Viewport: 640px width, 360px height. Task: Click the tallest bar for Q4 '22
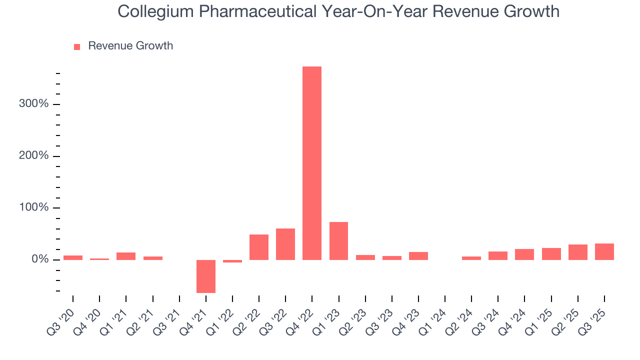tap(312, 163)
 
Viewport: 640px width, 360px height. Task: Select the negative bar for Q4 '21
tap(205, 276)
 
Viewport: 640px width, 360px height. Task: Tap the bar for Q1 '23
tap(338, 240)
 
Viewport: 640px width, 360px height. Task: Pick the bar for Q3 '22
tap(285, 244)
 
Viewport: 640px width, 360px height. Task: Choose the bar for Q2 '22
tap(259, 247)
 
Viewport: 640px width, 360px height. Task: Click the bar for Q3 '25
tap(604, 251)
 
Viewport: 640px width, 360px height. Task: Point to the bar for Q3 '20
tap(73, 257)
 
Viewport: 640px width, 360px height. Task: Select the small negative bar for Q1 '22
tap(232, 261)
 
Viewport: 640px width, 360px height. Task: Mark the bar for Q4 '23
tap(418, 255)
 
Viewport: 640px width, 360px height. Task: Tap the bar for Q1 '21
tap(126, 256)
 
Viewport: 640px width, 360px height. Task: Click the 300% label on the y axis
tap(33, 104)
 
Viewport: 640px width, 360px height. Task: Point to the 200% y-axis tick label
tap(33, 156)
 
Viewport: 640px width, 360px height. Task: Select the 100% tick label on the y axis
tap(33, 207)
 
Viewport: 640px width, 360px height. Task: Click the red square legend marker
tap(77, 47)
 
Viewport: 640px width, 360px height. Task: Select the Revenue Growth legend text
tap(130, 46)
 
